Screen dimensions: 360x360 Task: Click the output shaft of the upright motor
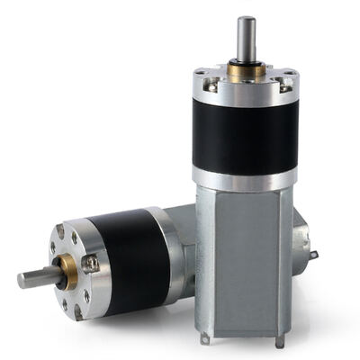[245, 40]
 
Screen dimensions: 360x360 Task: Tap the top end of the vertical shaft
[245, 19]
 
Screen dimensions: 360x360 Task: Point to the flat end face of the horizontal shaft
[21, 280]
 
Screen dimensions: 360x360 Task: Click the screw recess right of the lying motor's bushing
[91, 263]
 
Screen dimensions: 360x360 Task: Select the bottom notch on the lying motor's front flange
[77, 310]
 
